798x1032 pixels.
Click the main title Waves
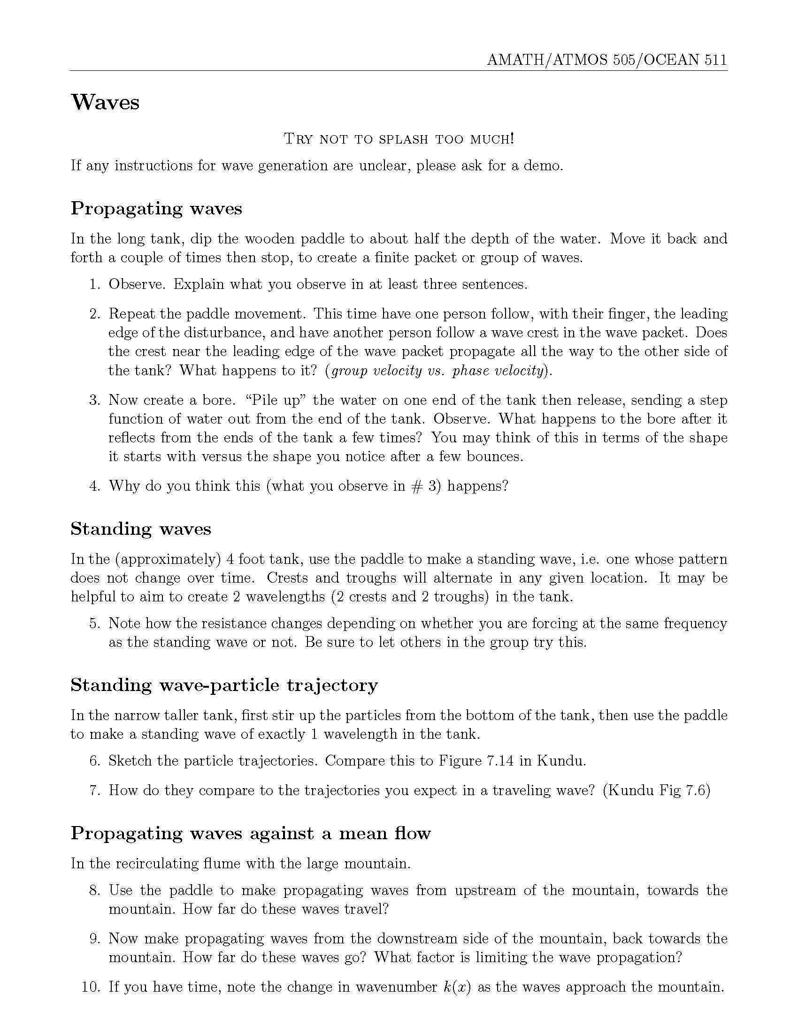click(x=105, y=103)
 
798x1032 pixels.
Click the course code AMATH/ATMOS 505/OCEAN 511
click(x=607, y=60)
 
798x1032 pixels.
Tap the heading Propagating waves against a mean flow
click(x=251, y=833)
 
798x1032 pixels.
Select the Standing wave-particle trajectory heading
click(x=224, y=685)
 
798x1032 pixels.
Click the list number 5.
click(x=94, y=623)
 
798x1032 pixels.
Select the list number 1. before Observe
click(x=94, y=284)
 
